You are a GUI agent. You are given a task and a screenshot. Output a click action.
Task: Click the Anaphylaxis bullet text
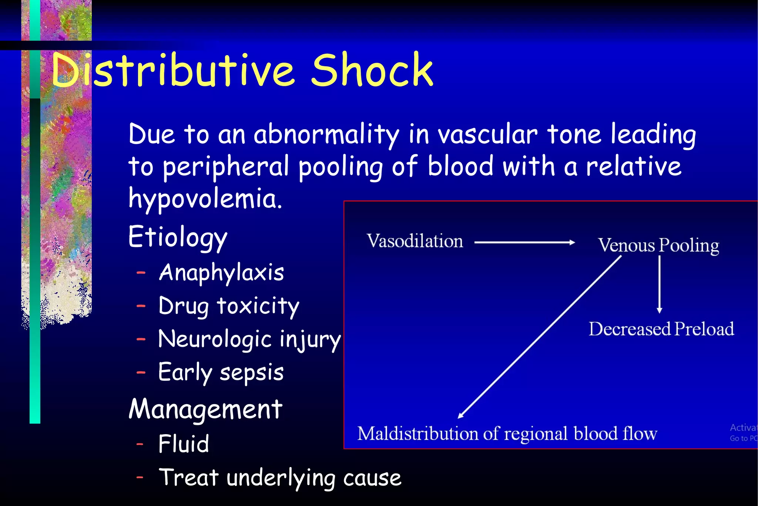(221, 273)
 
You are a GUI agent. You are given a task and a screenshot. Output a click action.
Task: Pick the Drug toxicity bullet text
(229, 306)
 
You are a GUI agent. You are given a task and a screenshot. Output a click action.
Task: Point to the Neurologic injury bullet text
(249, 339)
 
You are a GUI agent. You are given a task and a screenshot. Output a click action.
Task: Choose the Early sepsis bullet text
(221, 372)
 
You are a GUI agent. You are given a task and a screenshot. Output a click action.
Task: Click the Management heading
(205, 409)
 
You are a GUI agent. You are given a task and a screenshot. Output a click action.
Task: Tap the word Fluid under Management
(184, 443)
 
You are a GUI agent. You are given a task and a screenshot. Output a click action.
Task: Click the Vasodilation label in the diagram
(415, 241)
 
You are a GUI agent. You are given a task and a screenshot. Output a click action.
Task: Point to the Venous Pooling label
(658, 245)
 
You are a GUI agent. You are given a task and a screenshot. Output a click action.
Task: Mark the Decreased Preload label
(661, 329)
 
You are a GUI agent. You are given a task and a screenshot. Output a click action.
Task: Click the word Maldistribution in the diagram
(417, 433)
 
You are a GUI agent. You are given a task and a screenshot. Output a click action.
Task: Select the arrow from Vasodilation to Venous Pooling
(524, 243)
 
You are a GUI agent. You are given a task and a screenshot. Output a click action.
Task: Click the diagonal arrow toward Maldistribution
(540, 337)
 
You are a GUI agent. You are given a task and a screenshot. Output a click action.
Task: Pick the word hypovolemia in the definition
(205, 199)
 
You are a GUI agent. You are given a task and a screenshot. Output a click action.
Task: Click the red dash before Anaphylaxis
(141, 273)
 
